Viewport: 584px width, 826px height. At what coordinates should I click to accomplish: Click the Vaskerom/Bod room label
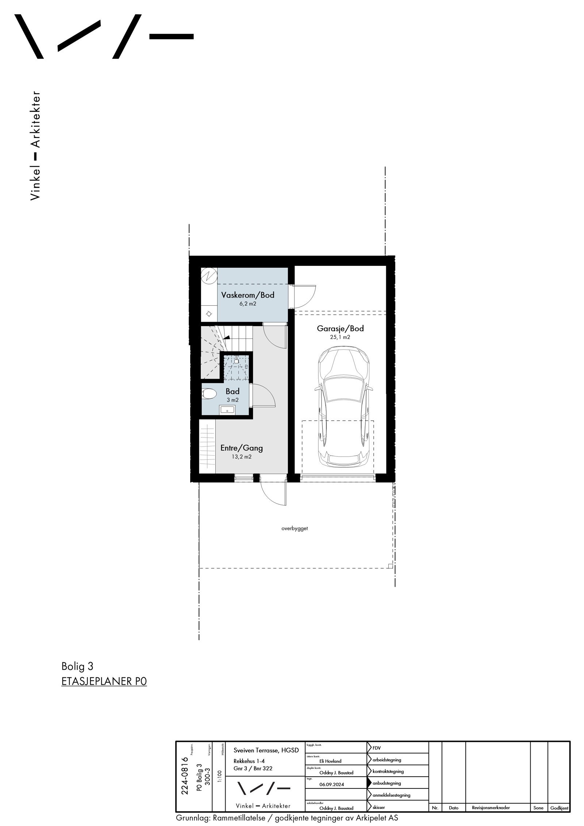pos(247,295)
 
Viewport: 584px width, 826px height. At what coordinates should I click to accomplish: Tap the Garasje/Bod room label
pos(340,328)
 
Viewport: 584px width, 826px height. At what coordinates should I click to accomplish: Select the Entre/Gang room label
pos(241,448)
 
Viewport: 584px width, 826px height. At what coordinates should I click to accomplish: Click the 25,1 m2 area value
pos(340,337)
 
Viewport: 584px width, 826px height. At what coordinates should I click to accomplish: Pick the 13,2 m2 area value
pos(241,456)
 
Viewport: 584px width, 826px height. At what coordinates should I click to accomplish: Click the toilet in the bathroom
pos(209,394)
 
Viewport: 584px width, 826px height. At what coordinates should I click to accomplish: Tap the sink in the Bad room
pos(227,410)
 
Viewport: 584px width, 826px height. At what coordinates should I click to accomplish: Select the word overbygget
pos(295,528)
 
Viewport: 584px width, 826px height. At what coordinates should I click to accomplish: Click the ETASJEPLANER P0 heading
pos(104,681)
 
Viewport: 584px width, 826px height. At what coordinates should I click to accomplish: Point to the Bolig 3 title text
pos(77,666)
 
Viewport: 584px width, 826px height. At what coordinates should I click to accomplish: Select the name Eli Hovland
pos(330,761)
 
